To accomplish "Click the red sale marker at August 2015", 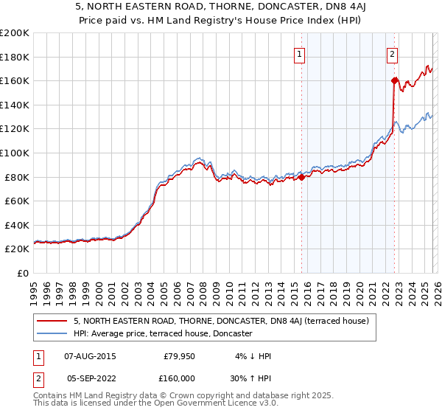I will coord(301,176).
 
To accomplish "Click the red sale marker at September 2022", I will coord(394,80).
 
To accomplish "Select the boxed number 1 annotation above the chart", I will coord(301,53).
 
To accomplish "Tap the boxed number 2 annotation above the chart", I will coord(393,53).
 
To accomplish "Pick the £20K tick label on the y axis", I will coord(16,249).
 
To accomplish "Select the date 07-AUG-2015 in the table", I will coord(90,356).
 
